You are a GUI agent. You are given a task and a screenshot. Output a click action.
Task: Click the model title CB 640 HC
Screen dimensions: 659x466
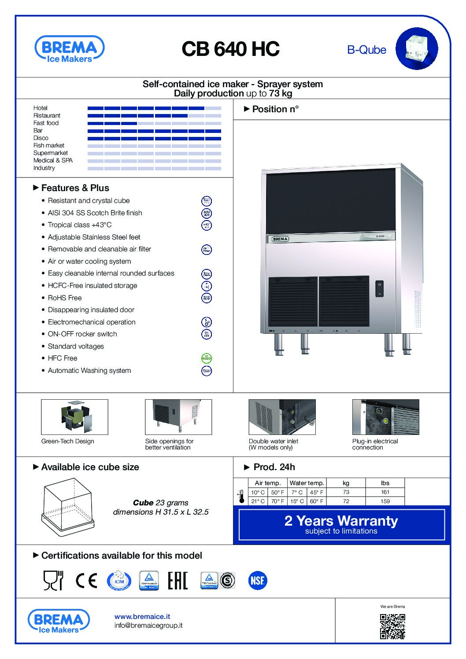[230, 49]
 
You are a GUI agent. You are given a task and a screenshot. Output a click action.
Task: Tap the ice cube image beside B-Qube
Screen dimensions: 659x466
[416, 48]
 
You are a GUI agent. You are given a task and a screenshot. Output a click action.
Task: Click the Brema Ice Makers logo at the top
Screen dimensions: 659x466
[69, 49]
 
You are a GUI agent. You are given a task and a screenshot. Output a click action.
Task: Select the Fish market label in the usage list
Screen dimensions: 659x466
[49, 145]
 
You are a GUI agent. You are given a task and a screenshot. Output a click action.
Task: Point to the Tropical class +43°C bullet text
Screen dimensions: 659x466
[80, 225]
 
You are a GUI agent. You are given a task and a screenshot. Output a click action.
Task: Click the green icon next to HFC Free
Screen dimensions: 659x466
[206, 358]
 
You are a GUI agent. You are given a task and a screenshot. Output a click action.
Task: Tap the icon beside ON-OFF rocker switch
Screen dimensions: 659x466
[206, 334]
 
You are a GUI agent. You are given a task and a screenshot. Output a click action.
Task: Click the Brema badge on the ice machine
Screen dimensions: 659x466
[280, 239]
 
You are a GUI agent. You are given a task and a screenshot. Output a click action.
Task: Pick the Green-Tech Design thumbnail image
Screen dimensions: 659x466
[74, 417]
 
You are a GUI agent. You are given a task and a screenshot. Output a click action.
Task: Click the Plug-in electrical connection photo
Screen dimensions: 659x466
[385, 417]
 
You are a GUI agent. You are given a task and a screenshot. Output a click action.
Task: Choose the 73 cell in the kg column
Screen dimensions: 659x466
[346, 492]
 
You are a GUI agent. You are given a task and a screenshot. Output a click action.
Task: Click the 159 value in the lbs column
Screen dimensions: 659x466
[385, 501]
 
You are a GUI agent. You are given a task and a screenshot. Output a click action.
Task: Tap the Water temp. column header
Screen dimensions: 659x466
[307, 483]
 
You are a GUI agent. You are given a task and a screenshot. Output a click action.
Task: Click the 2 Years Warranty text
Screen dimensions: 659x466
[341, 521]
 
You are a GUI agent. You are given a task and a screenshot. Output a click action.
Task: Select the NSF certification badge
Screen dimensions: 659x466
[257, 580]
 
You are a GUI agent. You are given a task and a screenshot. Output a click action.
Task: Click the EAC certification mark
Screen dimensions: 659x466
[178, 580]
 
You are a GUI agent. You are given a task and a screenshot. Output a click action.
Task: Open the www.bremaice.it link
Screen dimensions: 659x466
[142, 617]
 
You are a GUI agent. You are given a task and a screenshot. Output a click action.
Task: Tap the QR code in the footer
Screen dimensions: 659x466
[392, 626]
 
